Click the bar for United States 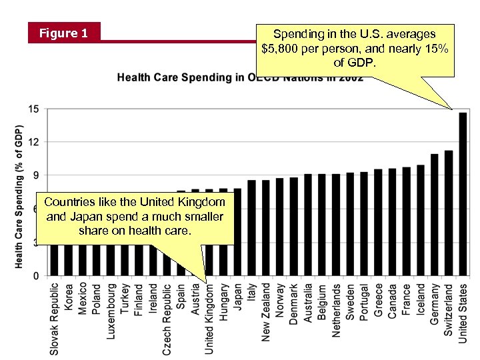point(463,193)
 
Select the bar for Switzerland point(449,213)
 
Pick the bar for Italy point(251,227)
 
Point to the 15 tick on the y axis point(33,109)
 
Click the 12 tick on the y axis point(33,142)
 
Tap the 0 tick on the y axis point(35,275)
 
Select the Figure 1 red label point(63,33)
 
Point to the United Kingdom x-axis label point(209,319)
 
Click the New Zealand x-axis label point(265,312)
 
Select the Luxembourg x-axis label point(111,310)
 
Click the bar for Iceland point(421,220)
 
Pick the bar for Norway point(279,227)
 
